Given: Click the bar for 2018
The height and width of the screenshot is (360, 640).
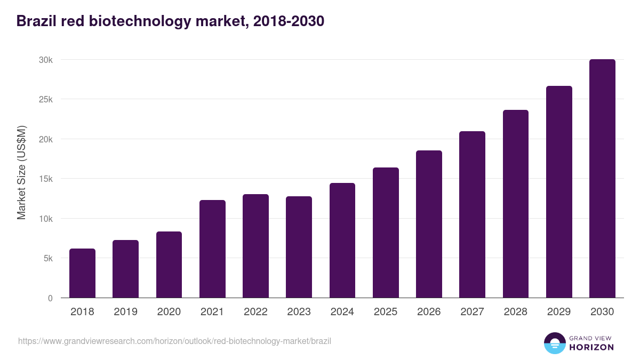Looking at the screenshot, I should tap(82, 273).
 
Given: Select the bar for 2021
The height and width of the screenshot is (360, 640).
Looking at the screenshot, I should tap(212, 249).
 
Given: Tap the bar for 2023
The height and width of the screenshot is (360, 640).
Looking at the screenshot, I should tap(299, 247).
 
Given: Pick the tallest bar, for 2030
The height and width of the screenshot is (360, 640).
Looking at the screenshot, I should tap(602, 179).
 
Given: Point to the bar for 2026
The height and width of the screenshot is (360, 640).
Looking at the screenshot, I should tap(429, 224).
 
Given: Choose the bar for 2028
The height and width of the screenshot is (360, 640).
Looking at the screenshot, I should tap(516, 204).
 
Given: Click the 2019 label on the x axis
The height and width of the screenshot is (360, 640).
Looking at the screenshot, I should tap(125, 312).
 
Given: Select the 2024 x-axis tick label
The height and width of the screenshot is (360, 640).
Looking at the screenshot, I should tap(342, 312).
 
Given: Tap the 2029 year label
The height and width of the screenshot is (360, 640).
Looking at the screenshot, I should tap(559, 312).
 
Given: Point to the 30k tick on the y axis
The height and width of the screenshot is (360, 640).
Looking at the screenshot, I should tap(46, 60).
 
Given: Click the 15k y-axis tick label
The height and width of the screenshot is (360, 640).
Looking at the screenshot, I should tap(46, 179).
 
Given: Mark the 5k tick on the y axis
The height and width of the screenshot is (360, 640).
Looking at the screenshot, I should tap(48, 259).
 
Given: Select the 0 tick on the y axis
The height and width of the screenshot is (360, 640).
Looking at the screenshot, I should tap(50, 299).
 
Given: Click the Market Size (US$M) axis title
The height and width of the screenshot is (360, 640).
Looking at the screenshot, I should tap(21, 173).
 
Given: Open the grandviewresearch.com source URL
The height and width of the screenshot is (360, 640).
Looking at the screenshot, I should tap(174, 341).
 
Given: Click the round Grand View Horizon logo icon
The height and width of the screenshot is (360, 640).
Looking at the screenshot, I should tap(555, 343).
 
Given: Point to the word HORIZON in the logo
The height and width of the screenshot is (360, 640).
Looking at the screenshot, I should tap(591, 347).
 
